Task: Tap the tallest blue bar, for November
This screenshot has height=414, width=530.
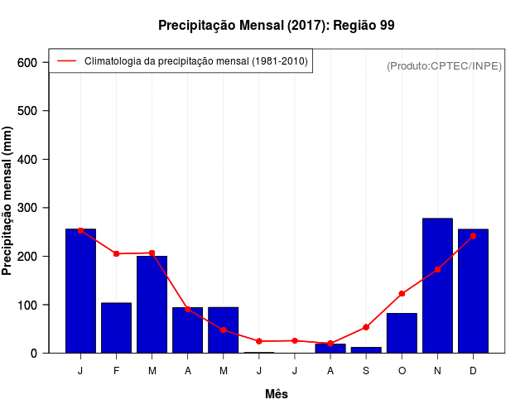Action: point(437,286)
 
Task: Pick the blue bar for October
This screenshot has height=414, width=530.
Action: point(402,333)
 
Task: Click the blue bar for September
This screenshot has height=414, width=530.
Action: point(366,349)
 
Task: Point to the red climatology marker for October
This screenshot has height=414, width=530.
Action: point(402,294)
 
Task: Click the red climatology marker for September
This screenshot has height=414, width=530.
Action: point(366,327)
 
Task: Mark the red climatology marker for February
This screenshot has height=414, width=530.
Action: point(116,253)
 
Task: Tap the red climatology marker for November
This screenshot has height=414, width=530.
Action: point(437,269)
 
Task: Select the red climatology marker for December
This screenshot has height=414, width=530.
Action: point(473,236)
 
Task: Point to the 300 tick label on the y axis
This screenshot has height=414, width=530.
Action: point(27,208)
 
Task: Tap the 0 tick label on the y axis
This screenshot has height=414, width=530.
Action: point(34,354)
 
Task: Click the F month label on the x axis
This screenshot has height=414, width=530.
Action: point(116,371)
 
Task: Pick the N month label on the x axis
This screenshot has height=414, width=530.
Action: point(437,371)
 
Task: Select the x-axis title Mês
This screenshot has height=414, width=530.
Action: point(277,394)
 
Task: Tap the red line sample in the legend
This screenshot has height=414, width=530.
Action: point(66,61)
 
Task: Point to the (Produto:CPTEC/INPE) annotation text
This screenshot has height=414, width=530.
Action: point(444,65)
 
